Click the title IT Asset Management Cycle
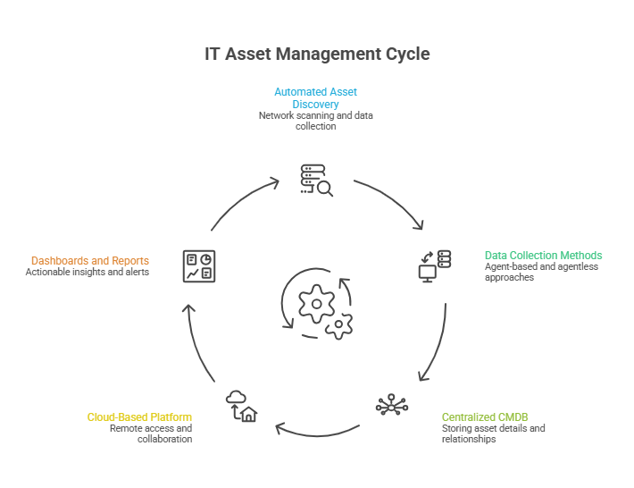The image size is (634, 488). coord(317,55)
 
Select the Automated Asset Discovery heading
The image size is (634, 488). coord(316,98)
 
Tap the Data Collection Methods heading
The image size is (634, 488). coord(543,256)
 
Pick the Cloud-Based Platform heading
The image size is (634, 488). coord(139,417)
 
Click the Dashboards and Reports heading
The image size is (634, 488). coord(90,261)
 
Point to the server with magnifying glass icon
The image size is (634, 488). coord(316,179)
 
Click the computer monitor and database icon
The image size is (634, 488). coord(435,266)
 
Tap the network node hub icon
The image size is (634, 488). coord(391,405)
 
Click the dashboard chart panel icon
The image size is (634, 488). coord(198,266)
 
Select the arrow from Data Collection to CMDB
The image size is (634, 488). coord(436,344)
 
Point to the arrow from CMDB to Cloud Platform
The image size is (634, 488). coord(316,431)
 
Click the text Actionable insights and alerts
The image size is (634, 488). coord(87,272)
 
